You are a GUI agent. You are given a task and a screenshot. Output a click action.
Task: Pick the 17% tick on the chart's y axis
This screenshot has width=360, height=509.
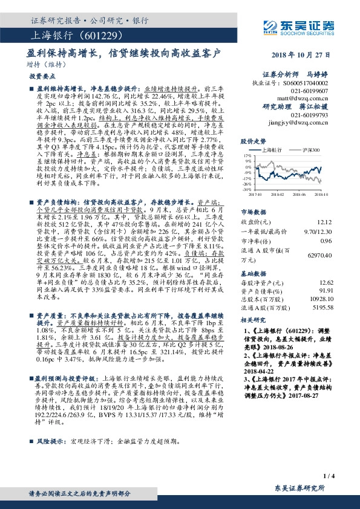tap(247, 155)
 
